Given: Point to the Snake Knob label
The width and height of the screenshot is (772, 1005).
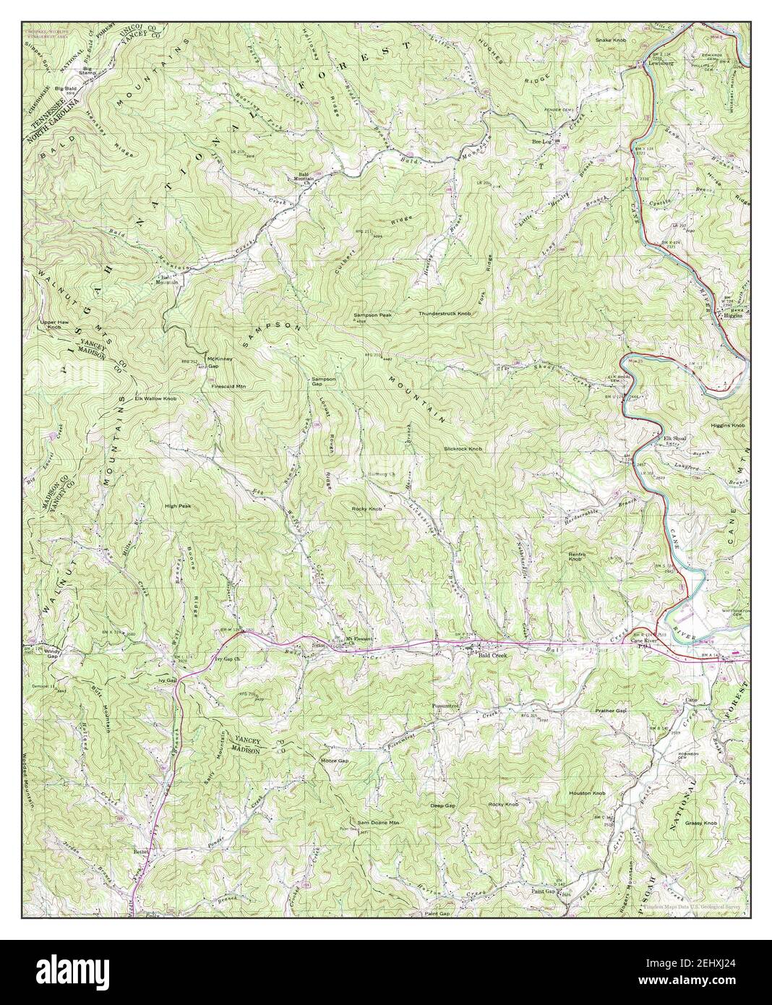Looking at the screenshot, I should pyautogui.click(x=610, y=40).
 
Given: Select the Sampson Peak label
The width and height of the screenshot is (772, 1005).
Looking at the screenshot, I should pyautogui.click(x=372, y=315).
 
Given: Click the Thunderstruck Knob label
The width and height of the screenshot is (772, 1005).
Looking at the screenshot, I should pyautogui.click(x=445, y=314).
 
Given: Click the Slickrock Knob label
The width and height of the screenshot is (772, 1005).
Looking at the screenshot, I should pyautogui.click(x=463, y=449).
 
